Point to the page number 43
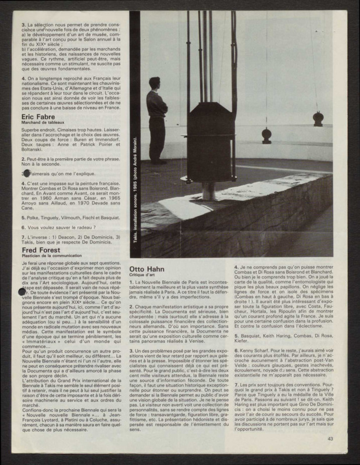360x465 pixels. click(x=330, y=439)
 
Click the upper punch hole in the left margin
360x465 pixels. click(x=24, y=173)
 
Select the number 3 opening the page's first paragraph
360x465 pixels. click(x=23, y=25)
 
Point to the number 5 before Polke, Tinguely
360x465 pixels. click(x=23, y=216)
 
